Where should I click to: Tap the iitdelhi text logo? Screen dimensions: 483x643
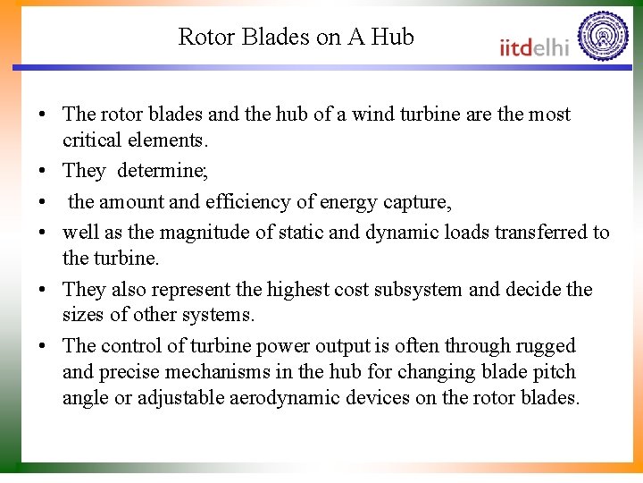533,47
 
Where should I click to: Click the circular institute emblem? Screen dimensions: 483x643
603,37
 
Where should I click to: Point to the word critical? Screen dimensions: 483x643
94,140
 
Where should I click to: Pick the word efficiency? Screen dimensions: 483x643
249,202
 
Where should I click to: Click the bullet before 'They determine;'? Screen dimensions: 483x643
42,171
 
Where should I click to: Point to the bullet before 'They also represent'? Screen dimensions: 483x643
42,290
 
